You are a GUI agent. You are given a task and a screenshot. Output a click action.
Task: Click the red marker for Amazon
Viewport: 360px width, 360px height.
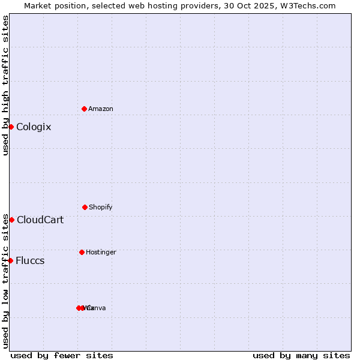pos(84,109)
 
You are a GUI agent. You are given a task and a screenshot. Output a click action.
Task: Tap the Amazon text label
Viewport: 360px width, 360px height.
pos(100,109)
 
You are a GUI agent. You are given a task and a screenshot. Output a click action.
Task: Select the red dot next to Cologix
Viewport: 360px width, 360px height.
pos(11,127)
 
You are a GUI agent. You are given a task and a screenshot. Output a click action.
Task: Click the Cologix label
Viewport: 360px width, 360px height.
pos(34,127)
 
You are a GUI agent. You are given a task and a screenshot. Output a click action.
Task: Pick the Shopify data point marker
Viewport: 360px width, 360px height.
pos(85,207)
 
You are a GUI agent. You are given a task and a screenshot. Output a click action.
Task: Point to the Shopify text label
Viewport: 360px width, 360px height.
pos(100,207)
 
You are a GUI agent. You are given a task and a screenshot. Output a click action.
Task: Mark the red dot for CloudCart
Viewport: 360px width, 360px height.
pos(11,220)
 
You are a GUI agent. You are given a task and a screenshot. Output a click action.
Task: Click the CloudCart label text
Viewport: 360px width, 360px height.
pos(40,220)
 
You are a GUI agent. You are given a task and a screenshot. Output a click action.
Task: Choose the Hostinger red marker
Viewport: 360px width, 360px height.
pos(82,252)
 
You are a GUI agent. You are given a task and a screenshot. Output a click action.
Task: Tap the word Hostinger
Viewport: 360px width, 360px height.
pos(101,252)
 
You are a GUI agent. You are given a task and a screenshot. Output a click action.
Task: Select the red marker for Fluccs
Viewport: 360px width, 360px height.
pos(10,260)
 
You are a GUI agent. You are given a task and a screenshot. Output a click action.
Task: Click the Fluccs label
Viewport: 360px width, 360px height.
pos(30,261)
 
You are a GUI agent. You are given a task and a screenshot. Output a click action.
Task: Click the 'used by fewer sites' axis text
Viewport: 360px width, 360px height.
pos(62,355)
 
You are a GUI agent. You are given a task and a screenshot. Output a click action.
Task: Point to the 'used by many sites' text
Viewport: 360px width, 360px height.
pos(301,355)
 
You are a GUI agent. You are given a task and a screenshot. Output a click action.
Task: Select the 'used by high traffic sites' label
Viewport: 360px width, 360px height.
pos(5,85)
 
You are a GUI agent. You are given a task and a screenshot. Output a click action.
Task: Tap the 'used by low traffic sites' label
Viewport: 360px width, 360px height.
pos(5,281)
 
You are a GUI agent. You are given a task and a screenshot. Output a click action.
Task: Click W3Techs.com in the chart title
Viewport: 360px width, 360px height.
pos(310,5)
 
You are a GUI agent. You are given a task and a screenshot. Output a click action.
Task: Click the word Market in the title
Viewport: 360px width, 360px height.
pos(38,5)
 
